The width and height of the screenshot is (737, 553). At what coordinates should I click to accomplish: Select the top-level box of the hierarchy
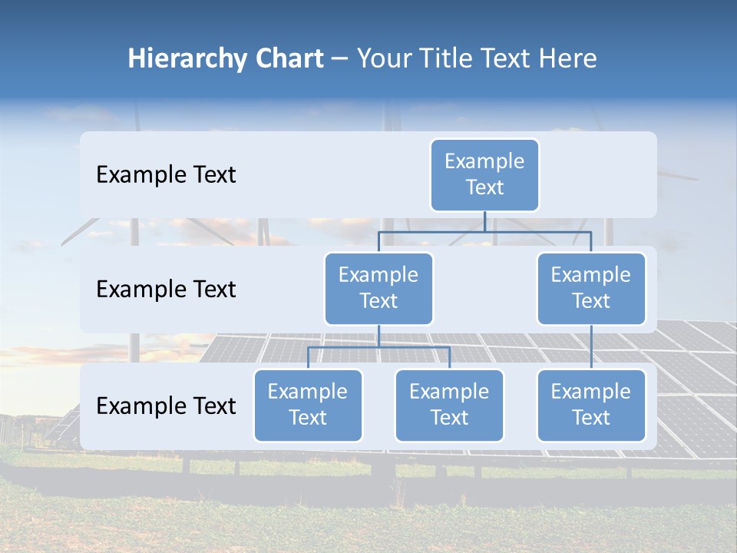[484, 174]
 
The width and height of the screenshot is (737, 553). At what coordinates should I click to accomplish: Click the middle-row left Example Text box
[378, 288]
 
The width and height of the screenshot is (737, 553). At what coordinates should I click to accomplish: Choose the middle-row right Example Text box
[591, 288]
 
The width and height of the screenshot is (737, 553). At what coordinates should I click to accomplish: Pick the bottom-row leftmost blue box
[308, 405]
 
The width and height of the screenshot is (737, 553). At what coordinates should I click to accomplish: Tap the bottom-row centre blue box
[449, 405]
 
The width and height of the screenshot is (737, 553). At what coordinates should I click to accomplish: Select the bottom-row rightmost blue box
[591, 405]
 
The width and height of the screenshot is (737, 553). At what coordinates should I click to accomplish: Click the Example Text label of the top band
[166, 175]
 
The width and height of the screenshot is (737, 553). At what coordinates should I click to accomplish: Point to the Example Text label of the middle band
[166, 290]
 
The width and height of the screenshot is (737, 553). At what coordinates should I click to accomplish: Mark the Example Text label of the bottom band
[166, 406]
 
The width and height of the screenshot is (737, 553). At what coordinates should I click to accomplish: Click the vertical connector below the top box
[484, 221]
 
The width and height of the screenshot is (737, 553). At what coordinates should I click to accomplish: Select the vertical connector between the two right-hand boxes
[591, 347]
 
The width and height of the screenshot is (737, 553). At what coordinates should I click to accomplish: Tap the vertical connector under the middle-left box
[378, 336]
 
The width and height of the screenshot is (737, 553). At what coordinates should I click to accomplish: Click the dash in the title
[340, 59]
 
